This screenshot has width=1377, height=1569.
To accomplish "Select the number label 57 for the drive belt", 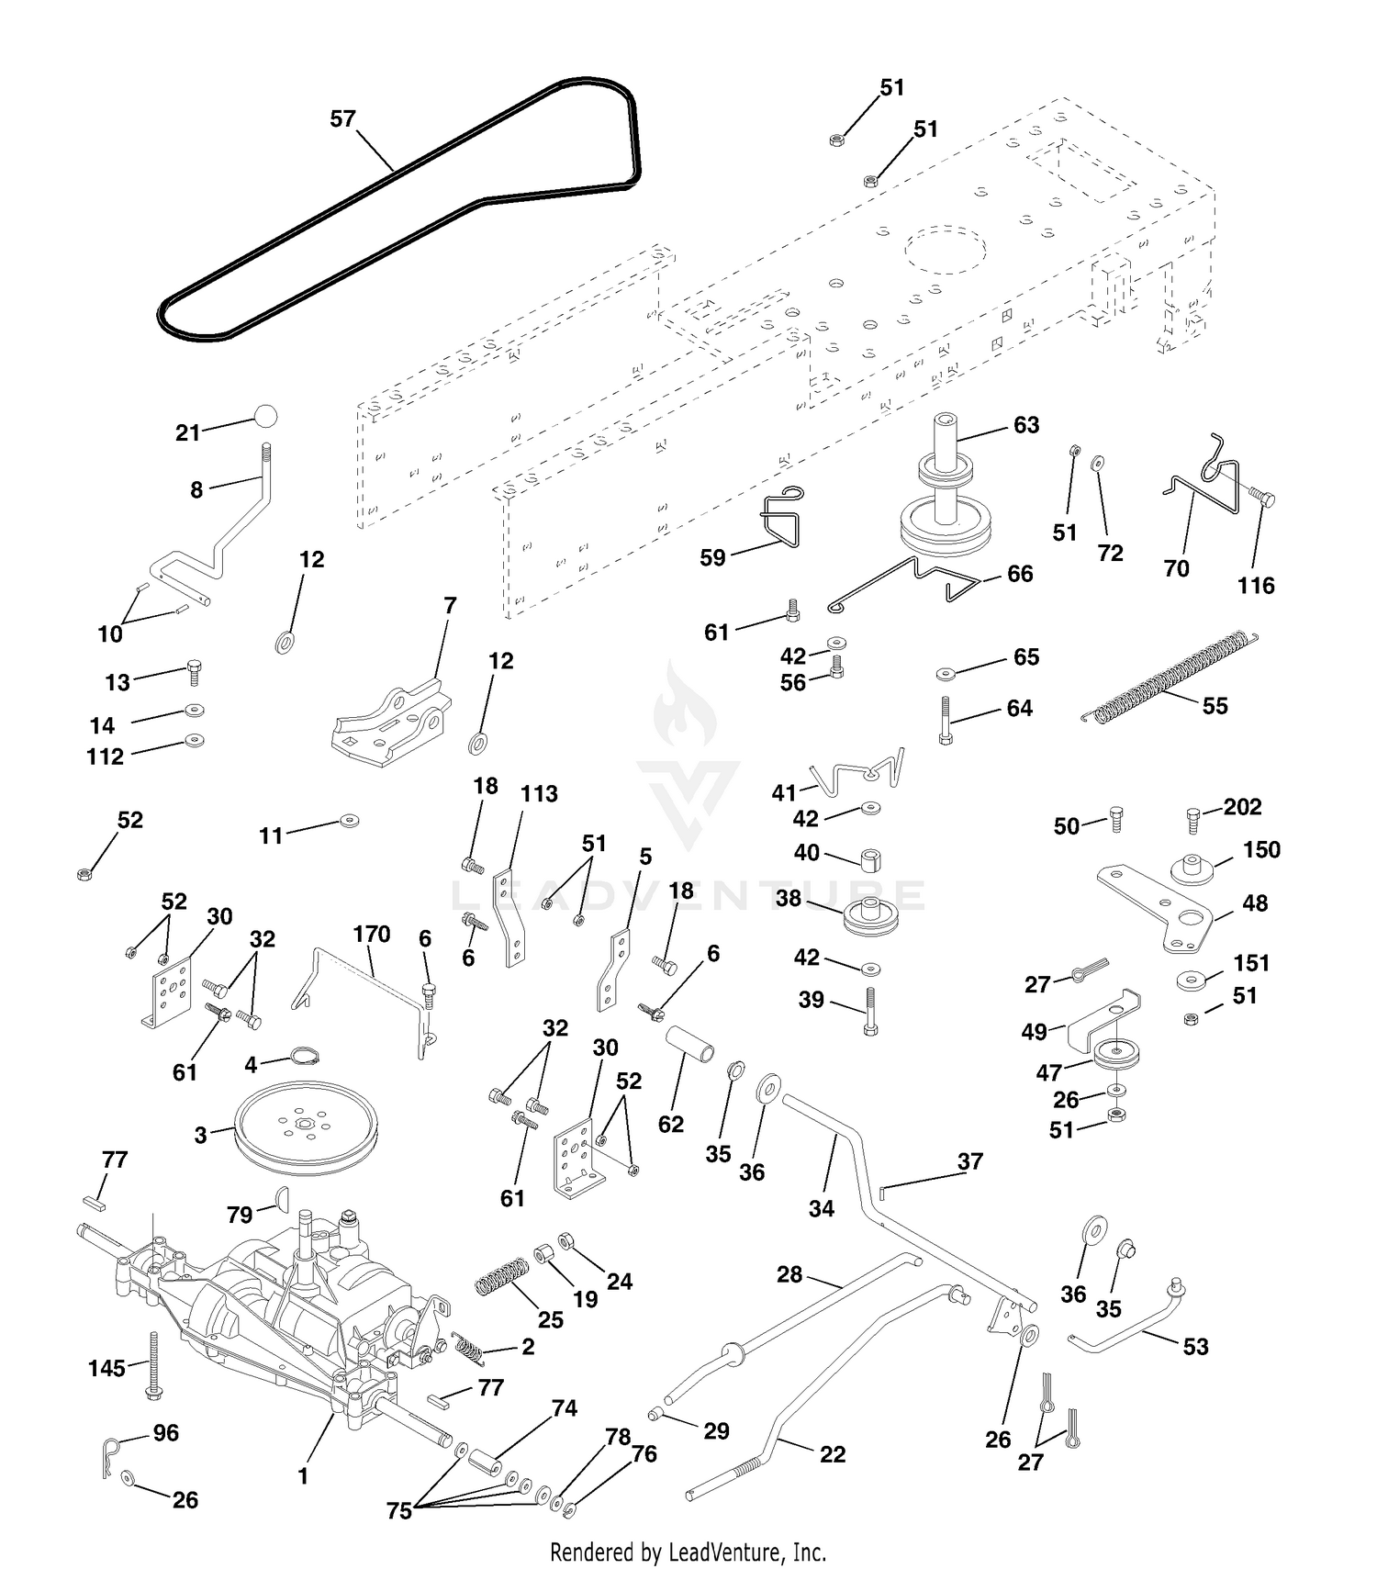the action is coord(342,118).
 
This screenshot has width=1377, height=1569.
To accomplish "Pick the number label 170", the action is coord(372,934).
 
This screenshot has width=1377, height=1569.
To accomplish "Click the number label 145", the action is coord(106,1368).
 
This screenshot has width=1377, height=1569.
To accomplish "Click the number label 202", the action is coord(1242,806).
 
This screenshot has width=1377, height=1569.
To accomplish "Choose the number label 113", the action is coord(539,793).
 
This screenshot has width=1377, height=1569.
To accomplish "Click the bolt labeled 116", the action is coord(1260,497).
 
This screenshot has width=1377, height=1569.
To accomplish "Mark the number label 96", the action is coord(166,1432).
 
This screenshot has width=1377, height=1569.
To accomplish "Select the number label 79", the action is coord(240,1215).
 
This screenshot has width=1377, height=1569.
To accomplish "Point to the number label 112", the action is coord(105,756).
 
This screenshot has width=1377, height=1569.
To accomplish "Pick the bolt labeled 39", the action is coord(869,1012).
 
